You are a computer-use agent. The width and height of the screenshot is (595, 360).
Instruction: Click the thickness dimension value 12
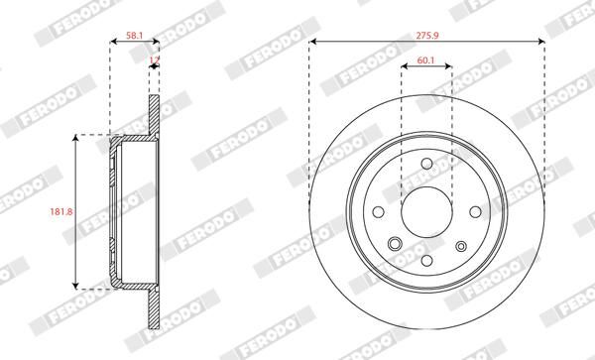pyautogui.click(x=153, y=60)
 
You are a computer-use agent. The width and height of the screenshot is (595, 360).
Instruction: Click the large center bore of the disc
pyautogui.click(x=426, y=210)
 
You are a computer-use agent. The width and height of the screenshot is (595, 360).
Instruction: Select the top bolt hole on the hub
pyautogui.click(x=426, y=165)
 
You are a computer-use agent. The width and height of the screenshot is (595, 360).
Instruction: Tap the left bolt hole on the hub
pyautogui.click(x=381, y=210)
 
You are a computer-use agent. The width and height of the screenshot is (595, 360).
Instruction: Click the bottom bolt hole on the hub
pyautogui.click(x=426, y=259)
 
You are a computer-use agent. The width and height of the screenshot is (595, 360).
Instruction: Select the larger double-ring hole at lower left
pyautogui.click(x=394, y=244)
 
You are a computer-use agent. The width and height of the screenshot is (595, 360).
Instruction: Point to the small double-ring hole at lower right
pyautogui.click(x=460, y=246)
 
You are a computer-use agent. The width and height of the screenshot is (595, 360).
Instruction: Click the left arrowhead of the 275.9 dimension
pyautogui.click(x=313, y=43)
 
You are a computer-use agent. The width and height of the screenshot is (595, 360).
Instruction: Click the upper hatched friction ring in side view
pyautogui.click(x=154, y=114)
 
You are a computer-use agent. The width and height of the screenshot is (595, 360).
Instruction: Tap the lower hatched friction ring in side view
pyautogui.click(x=154, y=309)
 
